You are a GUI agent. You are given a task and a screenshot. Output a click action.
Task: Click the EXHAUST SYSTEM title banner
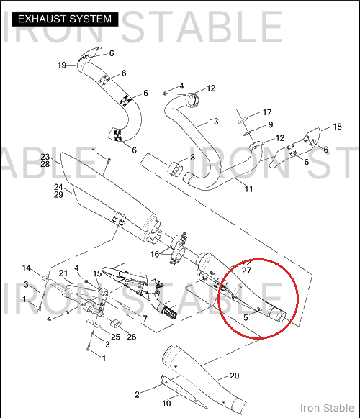coord(65,19)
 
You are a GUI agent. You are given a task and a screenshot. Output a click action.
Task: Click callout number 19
coord(62,65)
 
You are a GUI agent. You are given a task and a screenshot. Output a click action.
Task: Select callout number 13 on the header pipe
coord(214,122)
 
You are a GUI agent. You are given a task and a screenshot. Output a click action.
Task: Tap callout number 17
coord(267,112)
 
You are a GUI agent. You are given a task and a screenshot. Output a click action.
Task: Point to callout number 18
coord(337,127)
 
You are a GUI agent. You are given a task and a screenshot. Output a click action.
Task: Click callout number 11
coord(248,189)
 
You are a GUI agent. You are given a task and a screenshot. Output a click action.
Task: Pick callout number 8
coord(192,158)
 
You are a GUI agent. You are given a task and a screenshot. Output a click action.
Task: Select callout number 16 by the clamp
coord(155,254)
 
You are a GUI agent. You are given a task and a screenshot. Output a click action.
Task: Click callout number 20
coord(234,376)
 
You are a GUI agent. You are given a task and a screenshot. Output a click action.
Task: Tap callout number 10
coord(166,404)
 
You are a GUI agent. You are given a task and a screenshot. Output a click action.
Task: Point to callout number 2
coord(138,394)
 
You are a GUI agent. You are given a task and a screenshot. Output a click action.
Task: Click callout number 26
coord(132,337)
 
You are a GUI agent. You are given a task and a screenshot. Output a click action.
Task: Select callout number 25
coord(115,337)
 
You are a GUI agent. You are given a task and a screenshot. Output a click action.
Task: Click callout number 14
coord(27,268)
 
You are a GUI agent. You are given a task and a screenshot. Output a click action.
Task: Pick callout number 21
coord(63,273)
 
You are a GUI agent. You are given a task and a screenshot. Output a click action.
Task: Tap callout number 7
coord(145,318)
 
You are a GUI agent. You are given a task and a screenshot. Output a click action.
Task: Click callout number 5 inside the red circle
coord(246,317)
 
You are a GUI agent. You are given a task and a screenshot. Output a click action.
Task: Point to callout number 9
coord(271,124)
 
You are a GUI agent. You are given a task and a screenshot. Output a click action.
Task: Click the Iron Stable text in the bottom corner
coord(327,408)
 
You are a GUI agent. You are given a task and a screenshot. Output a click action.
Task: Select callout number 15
coord(97,274)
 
